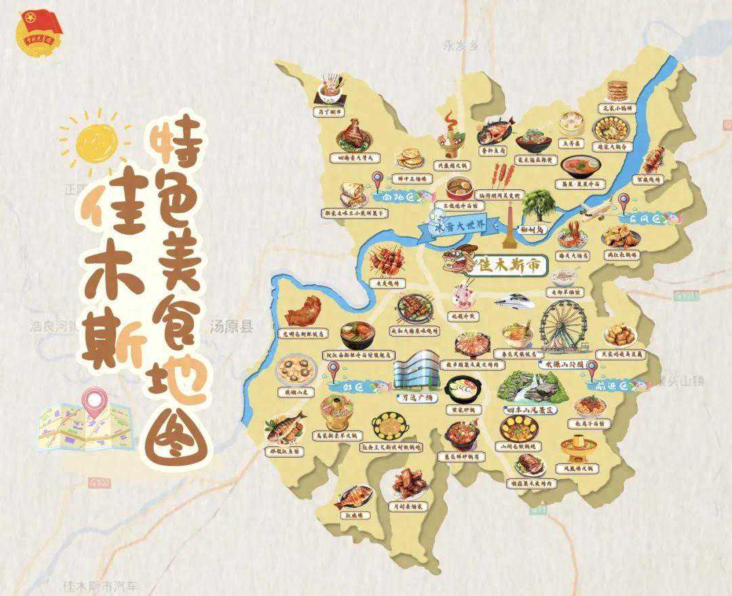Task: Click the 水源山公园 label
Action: tap(562, 364)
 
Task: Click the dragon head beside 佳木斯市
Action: tap(455, 261)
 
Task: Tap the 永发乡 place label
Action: tap(460, 46)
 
